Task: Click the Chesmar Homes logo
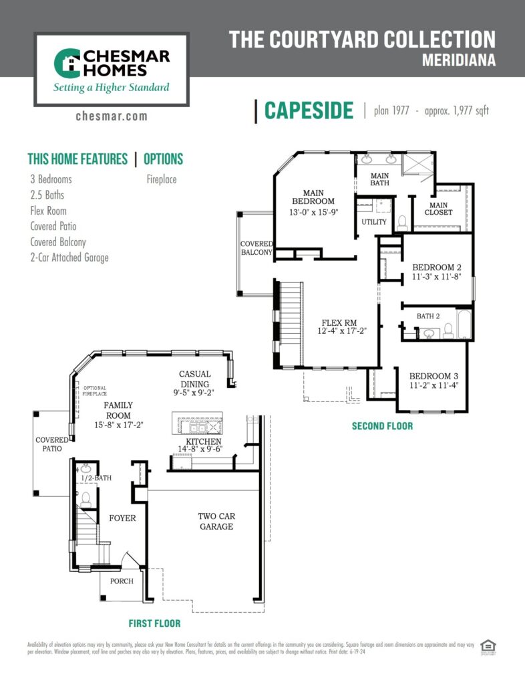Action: [112, 69]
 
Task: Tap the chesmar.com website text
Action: [112, 116]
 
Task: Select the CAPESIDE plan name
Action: [309, 110]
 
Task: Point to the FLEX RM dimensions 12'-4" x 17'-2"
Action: [341, 330]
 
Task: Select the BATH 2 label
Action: [428, 316]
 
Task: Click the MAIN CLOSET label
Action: [440, 209]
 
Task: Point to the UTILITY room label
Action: [374, 222]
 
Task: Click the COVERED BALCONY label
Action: [256, 248]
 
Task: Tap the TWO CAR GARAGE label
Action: [216, 521]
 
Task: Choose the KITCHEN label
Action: [203, 442]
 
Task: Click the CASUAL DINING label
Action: [195, 379]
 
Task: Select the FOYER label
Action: [122, 518]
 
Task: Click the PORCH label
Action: [122, 581]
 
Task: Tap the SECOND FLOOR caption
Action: [383, 425]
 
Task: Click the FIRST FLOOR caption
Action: [155, 623]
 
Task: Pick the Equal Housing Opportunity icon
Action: [489, 646]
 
